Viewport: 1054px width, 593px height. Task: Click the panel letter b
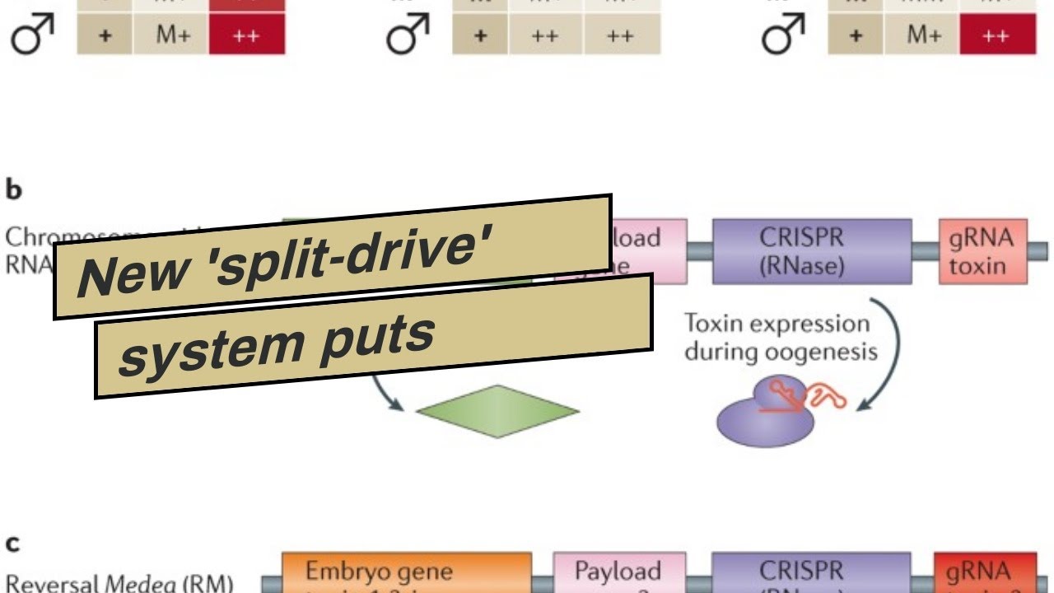tap(14, 190)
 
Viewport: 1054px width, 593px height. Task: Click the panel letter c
tap(13, 544)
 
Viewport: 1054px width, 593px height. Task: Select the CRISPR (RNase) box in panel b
tap(811, 251)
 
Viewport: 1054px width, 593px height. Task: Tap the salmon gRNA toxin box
tap(982, 251)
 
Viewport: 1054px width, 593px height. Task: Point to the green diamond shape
tap(497, 410)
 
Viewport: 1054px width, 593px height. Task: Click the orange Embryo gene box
tap(407, 573)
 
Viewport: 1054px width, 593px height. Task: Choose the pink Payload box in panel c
tap(618, 573)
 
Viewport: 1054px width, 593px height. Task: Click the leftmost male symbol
tap(32, 37)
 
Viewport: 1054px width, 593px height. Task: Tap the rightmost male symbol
tap(782, 37)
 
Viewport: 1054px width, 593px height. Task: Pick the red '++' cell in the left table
tap(246, 37)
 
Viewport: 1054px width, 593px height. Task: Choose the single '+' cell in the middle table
tap(480, 37)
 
